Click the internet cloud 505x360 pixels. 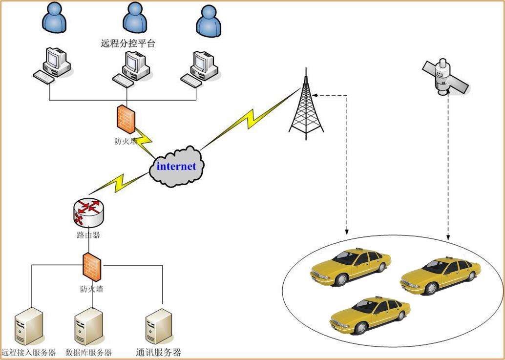176,167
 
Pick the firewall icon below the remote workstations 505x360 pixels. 125,119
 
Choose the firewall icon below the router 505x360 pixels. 91,266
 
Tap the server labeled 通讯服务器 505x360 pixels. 158,327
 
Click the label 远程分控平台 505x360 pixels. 127,43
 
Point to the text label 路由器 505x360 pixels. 88,235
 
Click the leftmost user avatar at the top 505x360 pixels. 54,18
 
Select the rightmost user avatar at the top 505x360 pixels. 209,22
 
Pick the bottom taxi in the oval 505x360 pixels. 370,315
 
